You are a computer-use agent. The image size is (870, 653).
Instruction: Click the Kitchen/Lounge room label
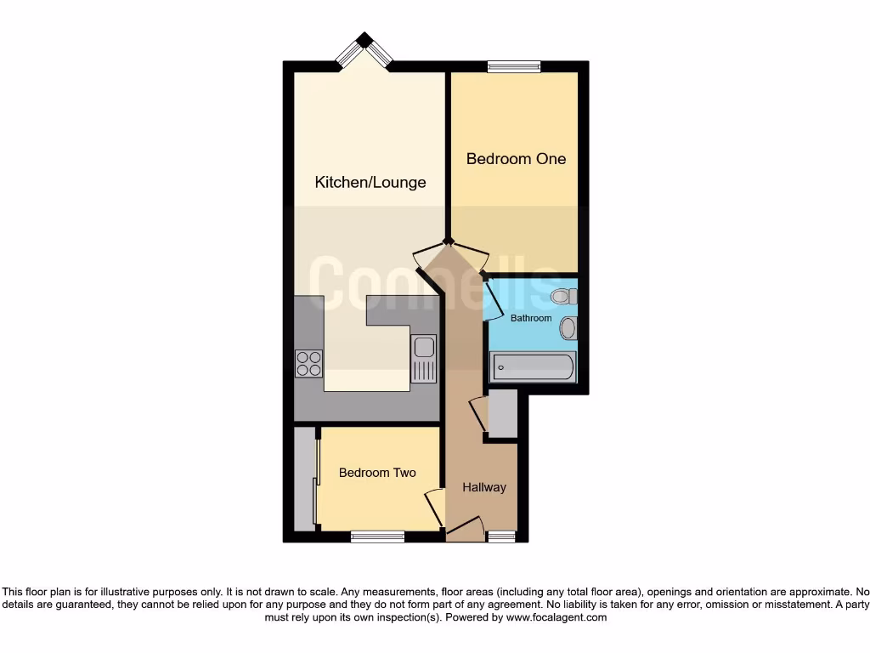pyautogui.click(x=370, y=182)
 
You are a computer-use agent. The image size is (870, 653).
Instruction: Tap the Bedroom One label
pyautogui.click(x=516, y=159)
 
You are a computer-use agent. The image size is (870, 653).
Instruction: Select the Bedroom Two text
pyautogui.click(x=377, y=473)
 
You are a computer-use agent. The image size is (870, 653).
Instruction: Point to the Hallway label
pyautogui.click(x=484, y=487)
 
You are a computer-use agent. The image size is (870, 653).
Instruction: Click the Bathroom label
pyautogui.click(x=531, y=318)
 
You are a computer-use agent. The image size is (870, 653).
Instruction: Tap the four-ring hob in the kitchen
pyautogui.click(x=309, y=363)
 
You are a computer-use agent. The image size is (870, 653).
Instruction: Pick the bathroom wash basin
pyautogui.click(x=568, y=328)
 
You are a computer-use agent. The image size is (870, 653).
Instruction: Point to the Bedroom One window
pyautogui.click(x=514, y=66)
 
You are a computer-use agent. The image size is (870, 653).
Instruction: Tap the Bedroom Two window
pyautogui.click(x=377, y=537)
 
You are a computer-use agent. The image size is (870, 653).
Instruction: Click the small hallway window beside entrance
pyautogui.click(x=501, y=537)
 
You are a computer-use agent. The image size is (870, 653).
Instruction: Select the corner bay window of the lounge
pyautogui.click(x=364, y=51)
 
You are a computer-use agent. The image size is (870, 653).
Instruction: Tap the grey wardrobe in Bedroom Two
pyautogui.click(x=304, y=480)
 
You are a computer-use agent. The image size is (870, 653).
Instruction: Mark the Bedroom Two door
pyautogui.click(x=434, y=508)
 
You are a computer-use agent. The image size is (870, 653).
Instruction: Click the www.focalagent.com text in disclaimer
pyautogui.click(x=556, y=617)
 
